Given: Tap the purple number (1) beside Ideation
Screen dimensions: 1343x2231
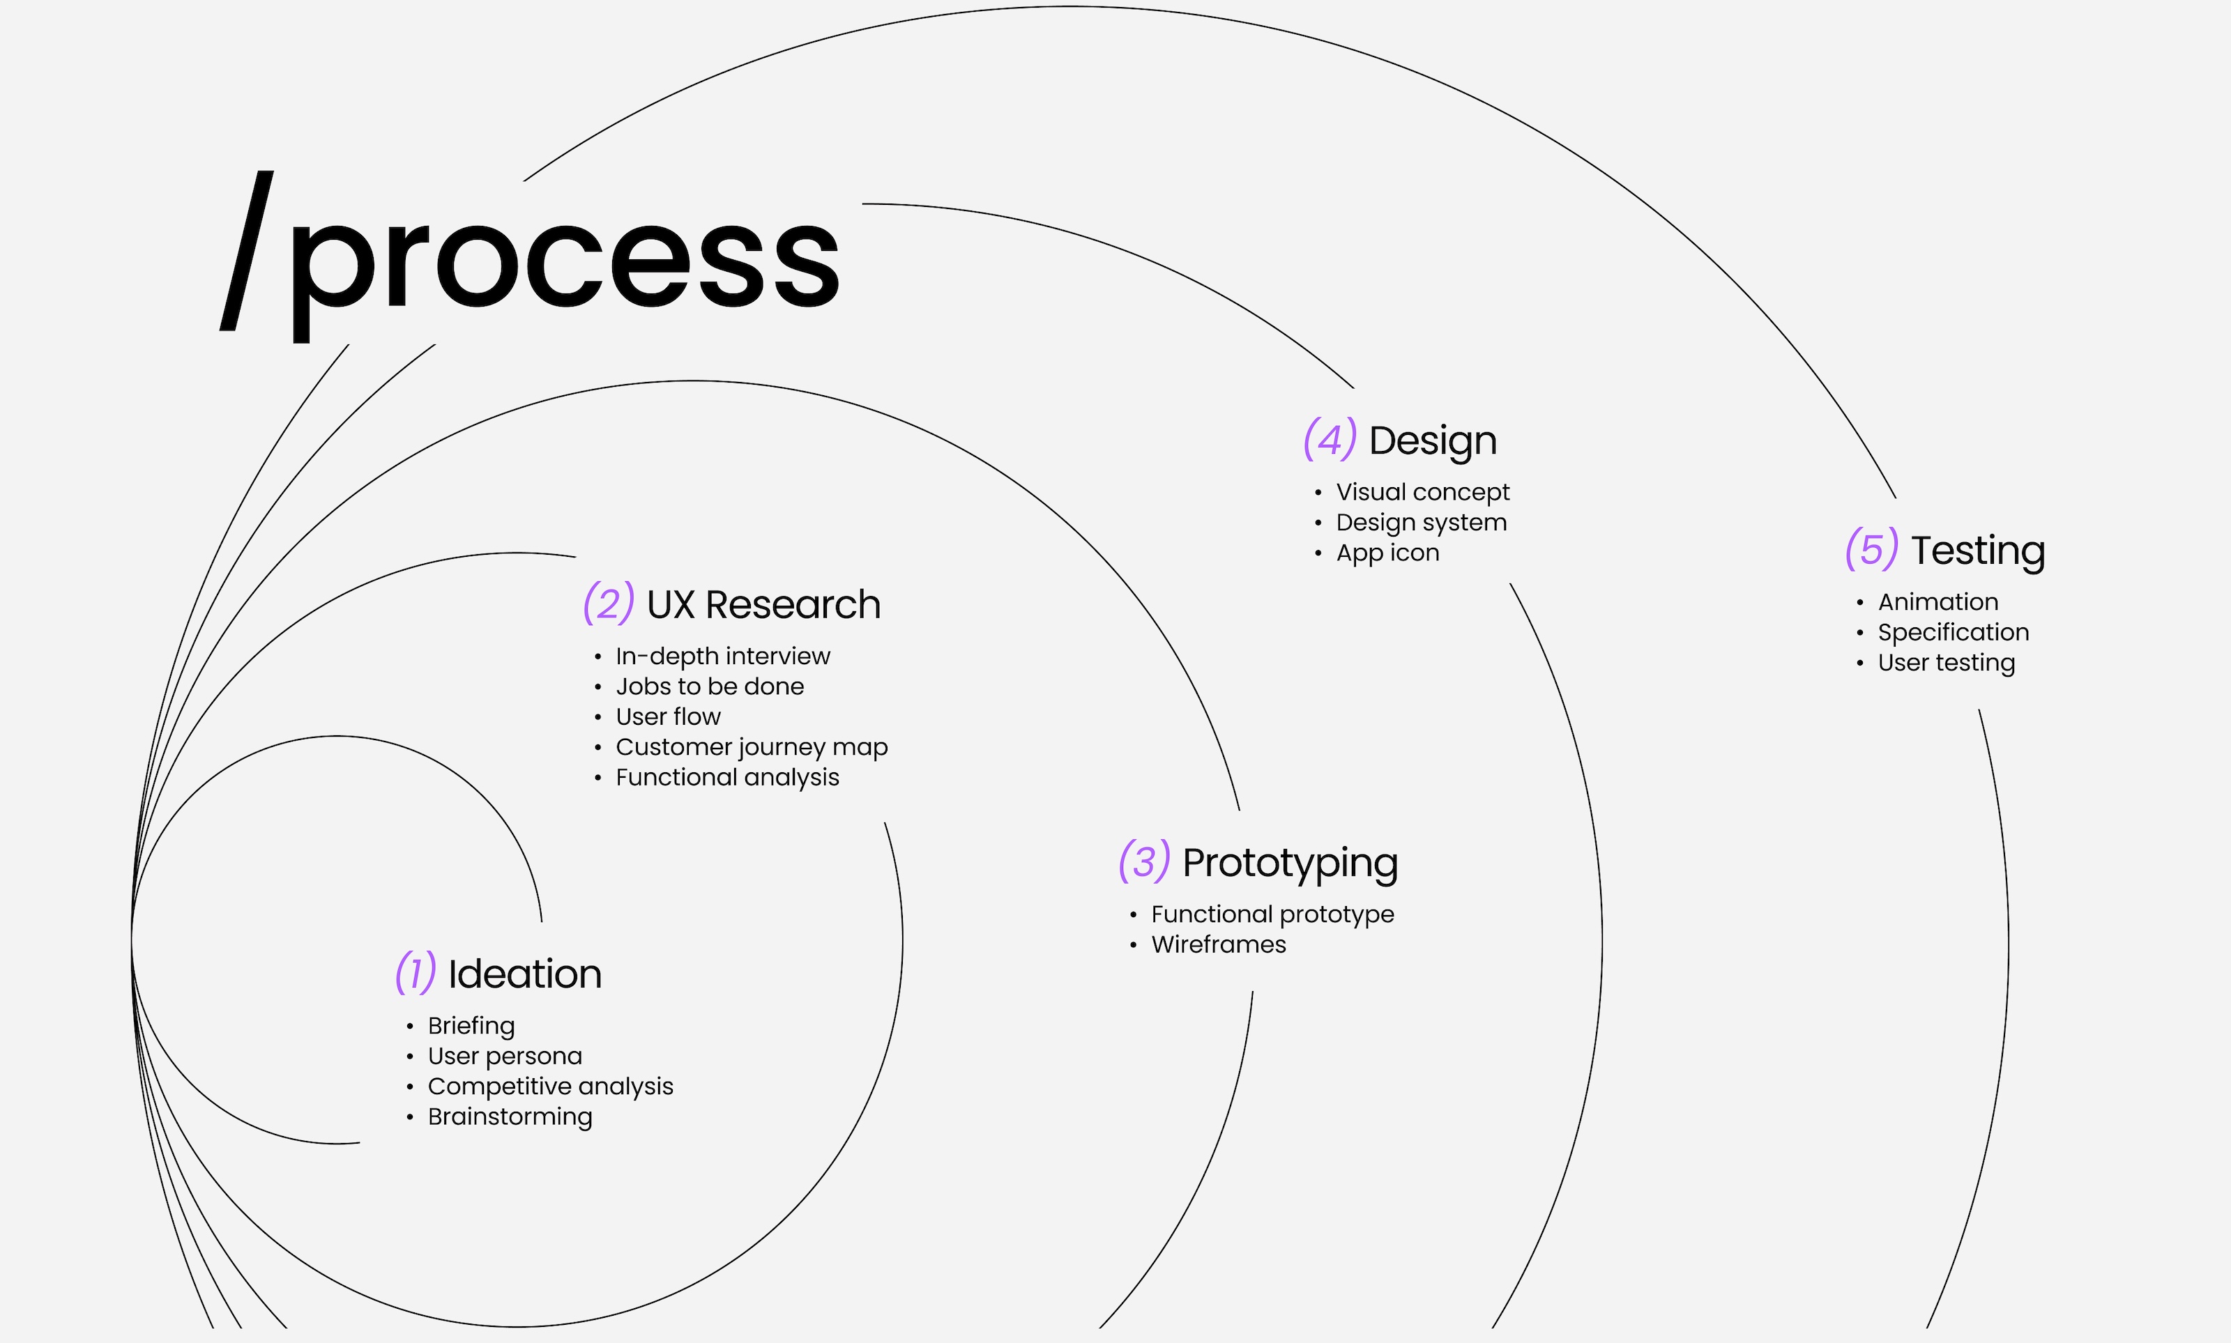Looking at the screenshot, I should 416,973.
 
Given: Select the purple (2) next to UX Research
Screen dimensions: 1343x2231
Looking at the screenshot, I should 608,604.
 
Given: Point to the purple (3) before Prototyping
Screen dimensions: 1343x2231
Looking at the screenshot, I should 1144,861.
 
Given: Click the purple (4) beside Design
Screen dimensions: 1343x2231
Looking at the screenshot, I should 1330,439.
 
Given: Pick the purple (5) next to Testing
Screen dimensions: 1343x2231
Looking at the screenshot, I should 1871,548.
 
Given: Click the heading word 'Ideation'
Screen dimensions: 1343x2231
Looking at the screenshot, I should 525,974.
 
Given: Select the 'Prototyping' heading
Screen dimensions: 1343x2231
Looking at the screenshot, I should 1290,862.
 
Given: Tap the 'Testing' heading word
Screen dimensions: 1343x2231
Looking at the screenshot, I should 1978,550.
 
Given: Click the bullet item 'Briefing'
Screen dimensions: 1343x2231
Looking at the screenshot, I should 471,1025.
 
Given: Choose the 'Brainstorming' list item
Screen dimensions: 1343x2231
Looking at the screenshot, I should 510,1116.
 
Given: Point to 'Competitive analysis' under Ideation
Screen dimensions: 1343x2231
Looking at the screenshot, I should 550,1086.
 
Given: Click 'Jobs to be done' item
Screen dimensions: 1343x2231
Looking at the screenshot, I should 710,686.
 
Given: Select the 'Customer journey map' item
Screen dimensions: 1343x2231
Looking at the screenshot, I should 751,746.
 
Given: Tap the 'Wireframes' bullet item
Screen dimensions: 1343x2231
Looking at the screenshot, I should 1218,944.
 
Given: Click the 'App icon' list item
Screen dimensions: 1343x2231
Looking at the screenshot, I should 1387,552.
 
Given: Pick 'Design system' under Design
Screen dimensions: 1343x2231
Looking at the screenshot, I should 1421,522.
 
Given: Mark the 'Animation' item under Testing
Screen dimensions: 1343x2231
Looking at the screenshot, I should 1937,602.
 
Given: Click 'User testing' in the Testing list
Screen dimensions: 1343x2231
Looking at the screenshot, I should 1946,663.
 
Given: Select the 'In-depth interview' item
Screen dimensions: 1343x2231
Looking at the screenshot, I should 722,655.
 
